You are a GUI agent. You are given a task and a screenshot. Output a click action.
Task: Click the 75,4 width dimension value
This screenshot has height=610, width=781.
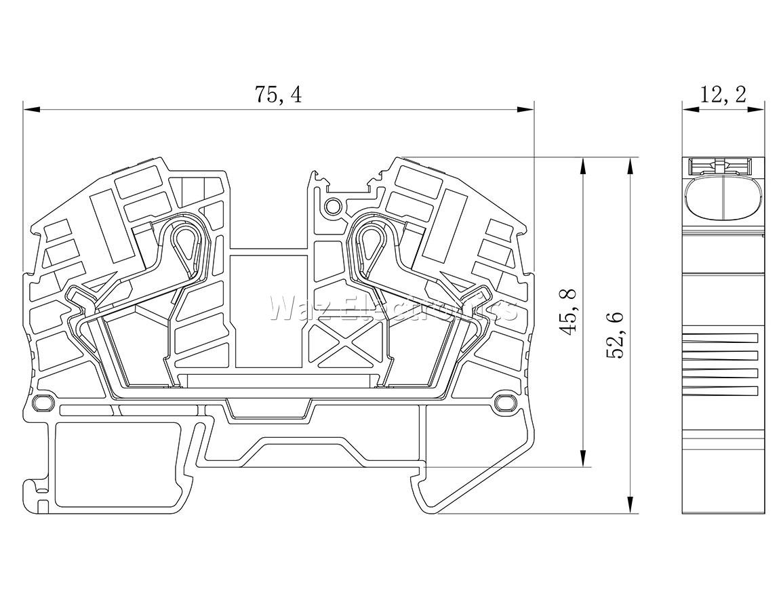point(278,94)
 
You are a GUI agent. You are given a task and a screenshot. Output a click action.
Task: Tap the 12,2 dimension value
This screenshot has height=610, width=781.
point(723,94)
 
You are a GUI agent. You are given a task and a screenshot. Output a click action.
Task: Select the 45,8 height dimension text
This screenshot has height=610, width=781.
point(567,311)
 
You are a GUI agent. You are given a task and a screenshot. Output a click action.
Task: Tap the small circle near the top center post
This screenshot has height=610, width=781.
point(332,205)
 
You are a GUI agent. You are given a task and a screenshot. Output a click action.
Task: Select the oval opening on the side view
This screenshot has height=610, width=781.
point(723,197)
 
